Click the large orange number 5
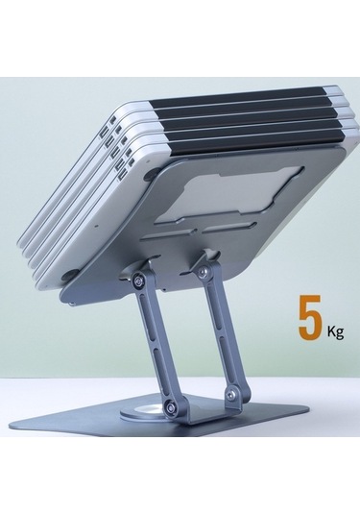tap(310, 317)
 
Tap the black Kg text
tap(335, 332)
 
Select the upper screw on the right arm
tap(204, 270)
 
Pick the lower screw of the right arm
tap(234, 395)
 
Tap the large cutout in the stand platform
tap(228, 193)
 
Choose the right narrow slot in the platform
tap(229, 228)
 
